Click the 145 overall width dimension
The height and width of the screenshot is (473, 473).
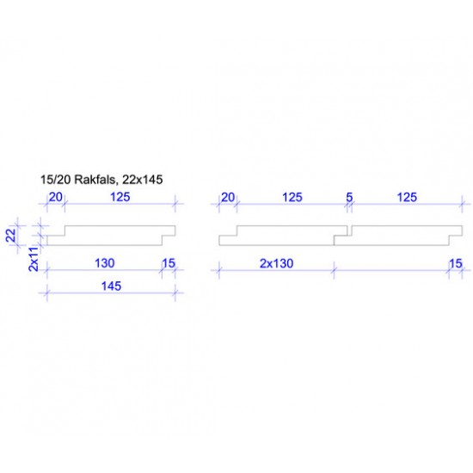coord(110,285)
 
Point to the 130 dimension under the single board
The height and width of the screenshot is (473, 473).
coord(105,262)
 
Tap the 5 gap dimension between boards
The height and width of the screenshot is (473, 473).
coord(349,198)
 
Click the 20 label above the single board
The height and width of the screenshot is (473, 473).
coord(55,198)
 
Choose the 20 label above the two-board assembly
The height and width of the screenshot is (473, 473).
coord(228,198)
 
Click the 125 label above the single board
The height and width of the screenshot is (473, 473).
coord(120,198)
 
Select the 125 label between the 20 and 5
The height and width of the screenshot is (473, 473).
coord(292,198)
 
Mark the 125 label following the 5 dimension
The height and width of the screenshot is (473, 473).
coord(406,198)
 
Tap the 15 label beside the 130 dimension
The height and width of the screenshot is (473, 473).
coord(169,262)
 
